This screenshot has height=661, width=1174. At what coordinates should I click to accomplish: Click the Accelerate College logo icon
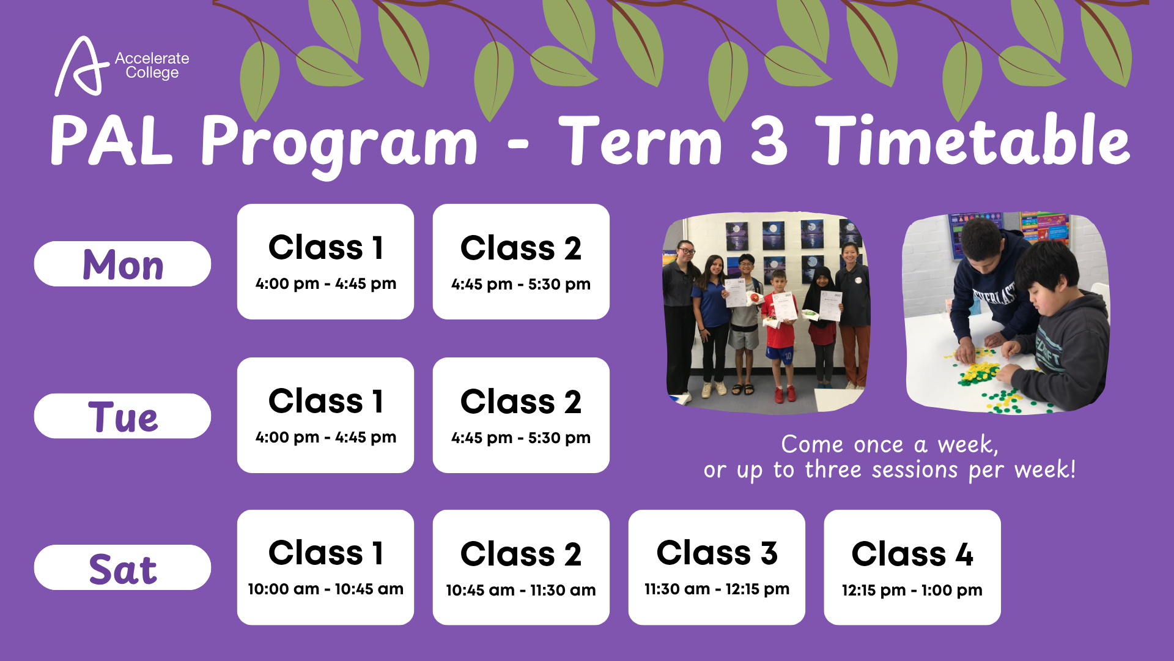click(x=78, y=66)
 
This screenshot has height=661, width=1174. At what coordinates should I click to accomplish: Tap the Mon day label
click(x=123, y=264)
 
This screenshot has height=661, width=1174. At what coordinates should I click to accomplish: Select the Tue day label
click(x=123, y=416)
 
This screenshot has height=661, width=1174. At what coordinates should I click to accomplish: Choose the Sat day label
click(x=123, y=568)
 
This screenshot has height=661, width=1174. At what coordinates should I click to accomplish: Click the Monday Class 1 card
click(x=325, y=261)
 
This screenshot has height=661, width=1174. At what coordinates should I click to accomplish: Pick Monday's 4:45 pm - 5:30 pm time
click(x=521, y=285)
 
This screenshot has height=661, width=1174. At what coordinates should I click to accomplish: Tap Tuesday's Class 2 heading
click(x=521, y=401)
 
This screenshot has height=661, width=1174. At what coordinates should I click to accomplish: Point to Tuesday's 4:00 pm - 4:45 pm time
click(x=326, y=438)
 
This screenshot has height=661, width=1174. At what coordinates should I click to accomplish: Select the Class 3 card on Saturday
click(x=717, y=567)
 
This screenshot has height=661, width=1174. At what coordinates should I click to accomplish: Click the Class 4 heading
click(x=912, y=554)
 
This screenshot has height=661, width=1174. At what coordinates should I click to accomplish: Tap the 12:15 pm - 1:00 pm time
click(x=912, y=591)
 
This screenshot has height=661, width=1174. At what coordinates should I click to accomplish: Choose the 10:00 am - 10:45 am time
click(x=325, y=589)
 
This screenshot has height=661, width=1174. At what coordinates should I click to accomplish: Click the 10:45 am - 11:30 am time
click(x=521, y=591)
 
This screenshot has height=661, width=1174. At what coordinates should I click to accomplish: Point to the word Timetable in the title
click(x=973, y=141)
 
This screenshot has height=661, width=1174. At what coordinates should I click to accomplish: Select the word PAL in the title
click(x=111, y=141)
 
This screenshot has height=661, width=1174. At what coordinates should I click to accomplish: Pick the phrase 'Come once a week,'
click(x=890, y=445)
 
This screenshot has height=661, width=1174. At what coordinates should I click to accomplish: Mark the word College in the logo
click(x=152, y=73)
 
